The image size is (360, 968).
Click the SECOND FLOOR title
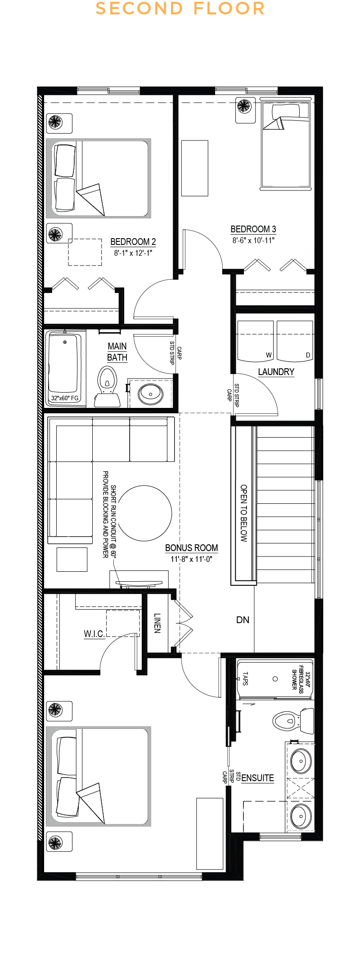point(180,9)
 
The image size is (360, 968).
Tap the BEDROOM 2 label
point(133,242)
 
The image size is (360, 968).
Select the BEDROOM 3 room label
point(253,229)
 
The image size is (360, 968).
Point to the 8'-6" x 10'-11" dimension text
point(253,240)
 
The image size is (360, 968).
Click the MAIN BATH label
point(117,352)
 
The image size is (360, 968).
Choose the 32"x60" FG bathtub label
point(65,398)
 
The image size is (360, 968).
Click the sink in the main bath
point(151,394)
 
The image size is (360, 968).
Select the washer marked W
point(255,341)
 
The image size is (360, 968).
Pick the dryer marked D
point(295,341)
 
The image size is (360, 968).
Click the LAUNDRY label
point(276,372)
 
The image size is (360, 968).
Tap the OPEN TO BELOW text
point(244,513)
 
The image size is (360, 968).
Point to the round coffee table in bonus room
point(145,513)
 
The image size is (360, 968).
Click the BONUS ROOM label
point(191,548)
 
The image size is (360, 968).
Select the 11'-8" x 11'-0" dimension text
point(191,559)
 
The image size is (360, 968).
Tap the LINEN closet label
point(157,623)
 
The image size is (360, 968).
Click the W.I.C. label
point(94,634)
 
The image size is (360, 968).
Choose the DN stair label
point(243,620)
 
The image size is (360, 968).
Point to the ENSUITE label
point(257,778)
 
